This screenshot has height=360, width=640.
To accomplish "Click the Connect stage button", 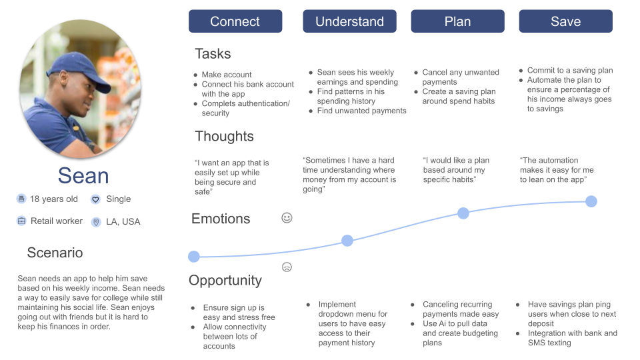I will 235,21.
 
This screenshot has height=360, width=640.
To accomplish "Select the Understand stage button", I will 349,21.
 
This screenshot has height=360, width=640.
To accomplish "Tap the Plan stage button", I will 457,21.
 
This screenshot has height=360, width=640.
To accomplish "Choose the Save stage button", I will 565,21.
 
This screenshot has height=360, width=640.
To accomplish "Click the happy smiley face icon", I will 287,217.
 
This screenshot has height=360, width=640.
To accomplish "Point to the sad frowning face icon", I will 287,267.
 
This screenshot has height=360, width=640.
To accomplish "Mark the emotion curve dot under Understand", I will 347,241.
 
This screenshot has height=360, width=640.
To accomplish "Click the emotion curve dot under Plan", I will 463,213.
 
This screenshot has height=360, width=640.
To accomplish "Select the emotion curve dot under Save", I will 591,201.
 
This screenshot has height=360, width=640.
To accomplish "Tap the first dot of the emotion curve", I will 194,257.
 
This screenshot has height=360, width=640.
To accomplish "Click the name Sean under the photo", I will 83,175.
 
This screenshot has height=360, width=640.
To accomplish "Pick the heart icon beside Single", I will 95,199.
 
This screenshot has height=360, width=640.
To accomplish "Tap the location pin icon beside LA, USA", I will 95,221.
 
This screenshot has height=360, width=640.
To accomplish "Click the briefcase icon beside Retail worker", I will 21,221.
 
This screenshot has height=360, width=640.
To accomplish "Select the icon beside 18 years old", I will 21,199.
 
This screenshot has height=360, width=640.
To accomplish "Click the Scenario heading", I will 55,253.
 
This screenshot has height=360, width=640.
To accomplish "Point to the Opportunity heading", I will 225,280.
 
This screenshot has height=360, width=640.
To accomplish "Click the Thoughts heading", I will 224,137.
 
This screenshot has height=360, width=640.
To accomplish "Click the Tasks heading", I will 213,53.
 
